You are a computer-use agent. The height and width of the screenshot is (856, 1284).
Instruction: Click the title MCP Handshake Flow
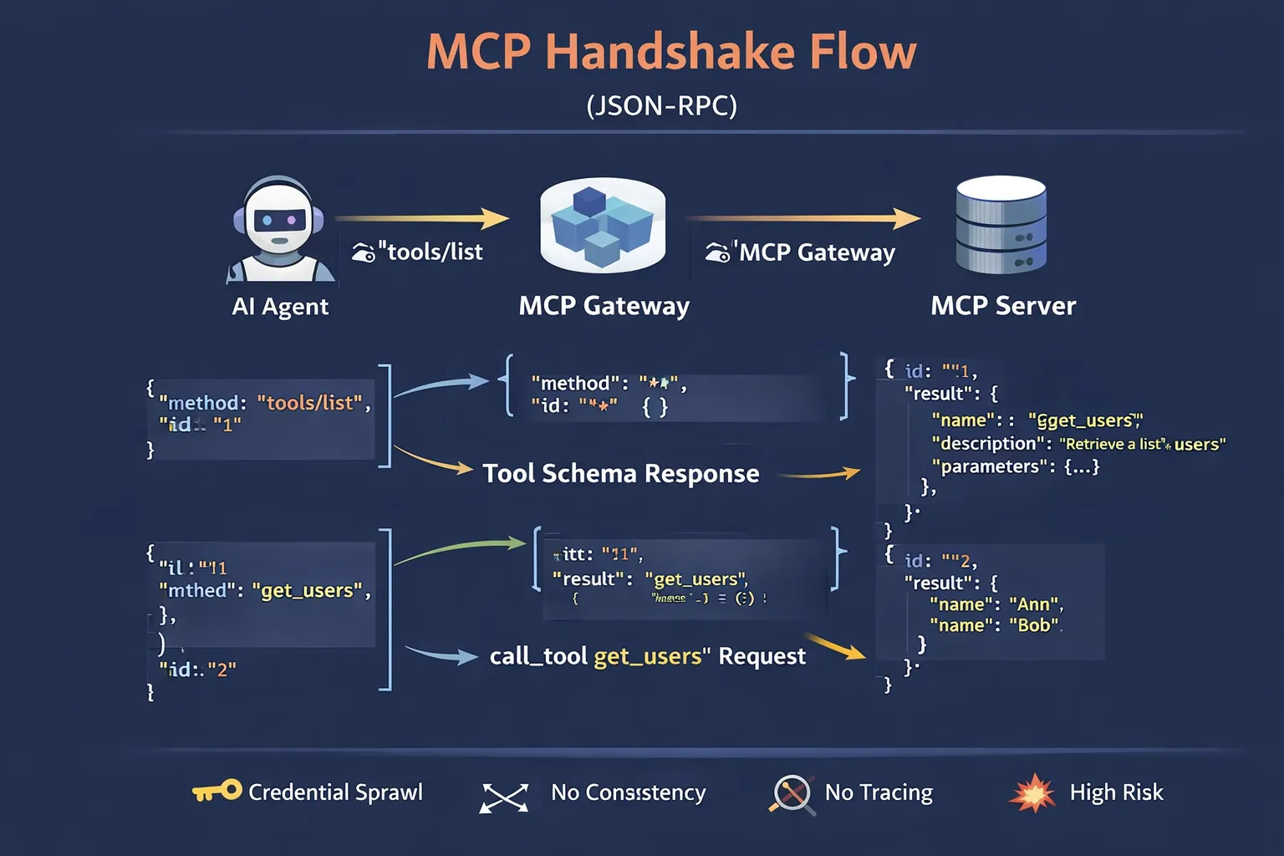[x=671, y=52]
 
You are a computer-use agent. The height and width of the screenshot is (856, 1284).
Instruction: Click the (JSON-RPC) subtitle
[x=661, y=106]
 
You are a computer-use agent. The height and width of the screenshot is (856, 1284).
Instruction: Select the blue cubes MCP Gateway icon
[x=602, y=224]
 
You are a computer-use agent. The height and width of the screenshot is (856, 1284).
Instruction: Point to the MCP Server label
[x=1003, y=306]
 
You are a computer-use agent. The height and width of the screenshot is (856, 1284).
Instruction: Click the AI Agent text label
[x=280, y=307]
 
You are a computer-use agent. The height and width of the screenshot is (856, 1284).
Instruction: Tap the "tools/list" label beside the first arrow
[x=430, y=252]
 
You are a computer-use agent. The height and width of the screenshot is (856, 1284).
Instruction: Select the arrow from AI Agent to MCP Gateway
[x=422, y=219]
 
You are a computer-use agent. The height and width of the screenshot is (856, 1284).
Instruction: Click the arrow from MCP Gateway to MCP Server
[x=802, y=219]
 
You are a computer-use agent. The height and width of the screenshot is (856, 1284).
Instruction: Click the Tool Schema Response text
[x=621, y=474]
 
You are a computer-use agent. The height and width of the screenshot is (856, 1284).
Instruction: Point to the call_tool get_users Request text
[x=647, y=656]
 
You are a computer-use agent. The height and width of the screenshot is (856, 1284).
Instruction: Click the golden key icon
[x=217, y=791]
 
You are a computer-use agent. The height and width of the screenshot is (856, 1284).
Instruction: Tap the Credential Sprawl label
[x=335, y=792]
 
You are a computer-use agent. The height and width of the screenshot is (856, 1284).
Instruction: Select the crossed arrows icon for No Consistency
[x=504, y=797]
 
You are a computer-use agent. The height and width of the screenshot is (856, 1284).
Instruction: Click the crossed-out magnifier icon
[x=792, y=794]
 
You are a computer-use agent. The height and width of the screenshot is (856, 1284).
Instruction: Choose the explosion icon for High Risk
[x=1032, y=792]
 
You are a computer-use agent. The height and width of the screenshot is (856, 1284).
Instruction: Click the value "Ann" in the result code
[x=1035, y=604]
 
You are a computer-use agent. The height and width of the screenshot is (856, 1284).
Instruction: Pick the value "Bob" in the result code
[x=1035, y=625]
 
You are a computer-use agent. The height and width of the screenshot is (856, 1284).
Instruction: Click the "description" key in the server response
[x=991, y=444]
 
